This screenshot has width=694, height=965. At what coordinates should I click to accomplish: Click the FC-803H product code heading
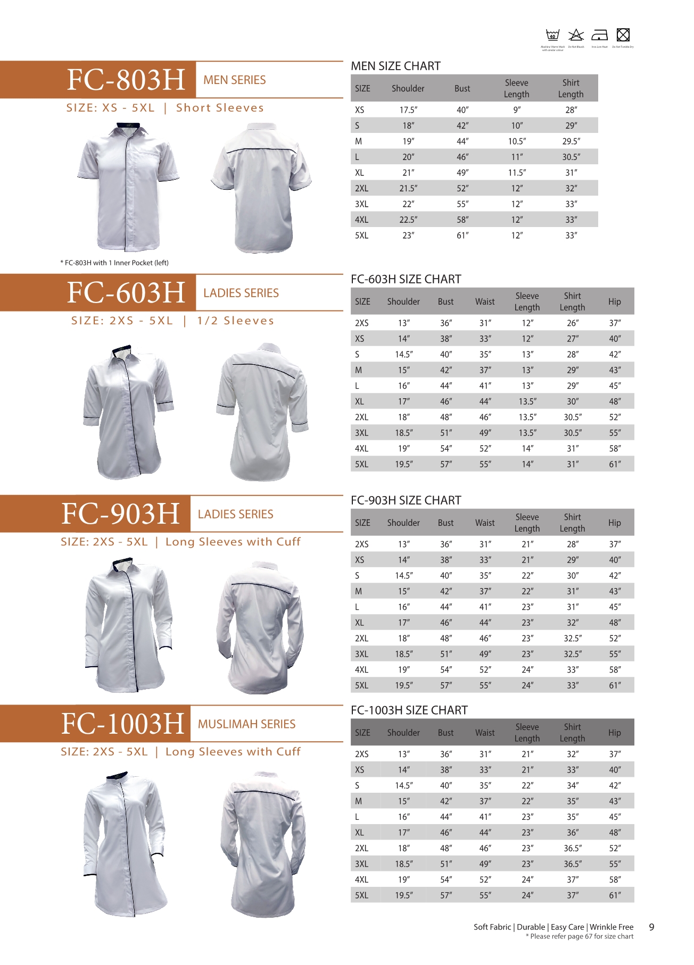(126, 80)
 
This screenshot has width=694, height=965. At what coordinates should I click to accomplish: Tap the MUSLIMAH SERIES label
(246, 724)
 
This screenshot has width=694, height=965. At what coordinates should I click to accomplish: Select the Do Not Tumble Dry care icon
(623, 35)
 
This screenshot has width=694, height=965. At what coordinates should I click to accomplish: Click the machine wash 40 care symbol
(552, 35)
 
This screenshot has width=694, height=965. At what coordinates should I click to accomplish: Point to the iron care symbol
(599, 35)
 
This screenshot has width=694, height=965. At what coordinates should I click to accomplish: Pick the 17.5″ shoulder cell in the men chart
(408, 110)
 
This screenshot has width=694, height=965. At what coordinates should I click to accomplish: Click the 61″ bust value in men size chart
(462, 236)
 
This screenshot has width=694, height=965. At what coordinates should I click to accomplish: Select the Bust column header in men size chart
(462, 89)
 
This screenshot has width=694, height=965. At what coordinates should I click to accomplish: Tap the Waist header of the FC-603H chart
(485, 302)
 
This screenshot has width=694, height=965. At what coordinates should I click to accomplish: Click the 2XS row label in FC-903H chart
(361, 544)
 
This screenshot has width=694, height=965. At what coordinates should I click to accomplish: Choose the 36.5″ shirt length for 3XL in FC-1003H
(573, 864)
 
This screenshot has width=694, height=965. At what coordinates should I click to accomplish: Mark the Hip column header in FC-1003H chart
(614, 733)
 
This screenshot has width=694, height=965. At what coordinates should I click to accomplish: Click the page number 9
(651, 927)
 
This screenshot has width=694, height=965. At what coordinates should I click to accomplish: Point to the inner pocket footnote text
(114, 263)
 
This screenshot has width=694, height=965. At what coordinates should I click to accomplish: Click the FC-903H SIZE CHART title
(406, 500)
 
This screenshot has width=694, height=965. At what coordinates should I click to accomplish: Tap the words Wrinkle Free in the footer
(612, 927)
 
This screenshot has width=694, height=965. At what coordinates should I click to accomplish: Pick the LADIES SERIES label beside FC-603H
(241, 293)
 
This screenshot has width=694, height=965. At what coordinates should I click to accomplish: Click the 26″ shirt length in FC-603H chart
(572, 323)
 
